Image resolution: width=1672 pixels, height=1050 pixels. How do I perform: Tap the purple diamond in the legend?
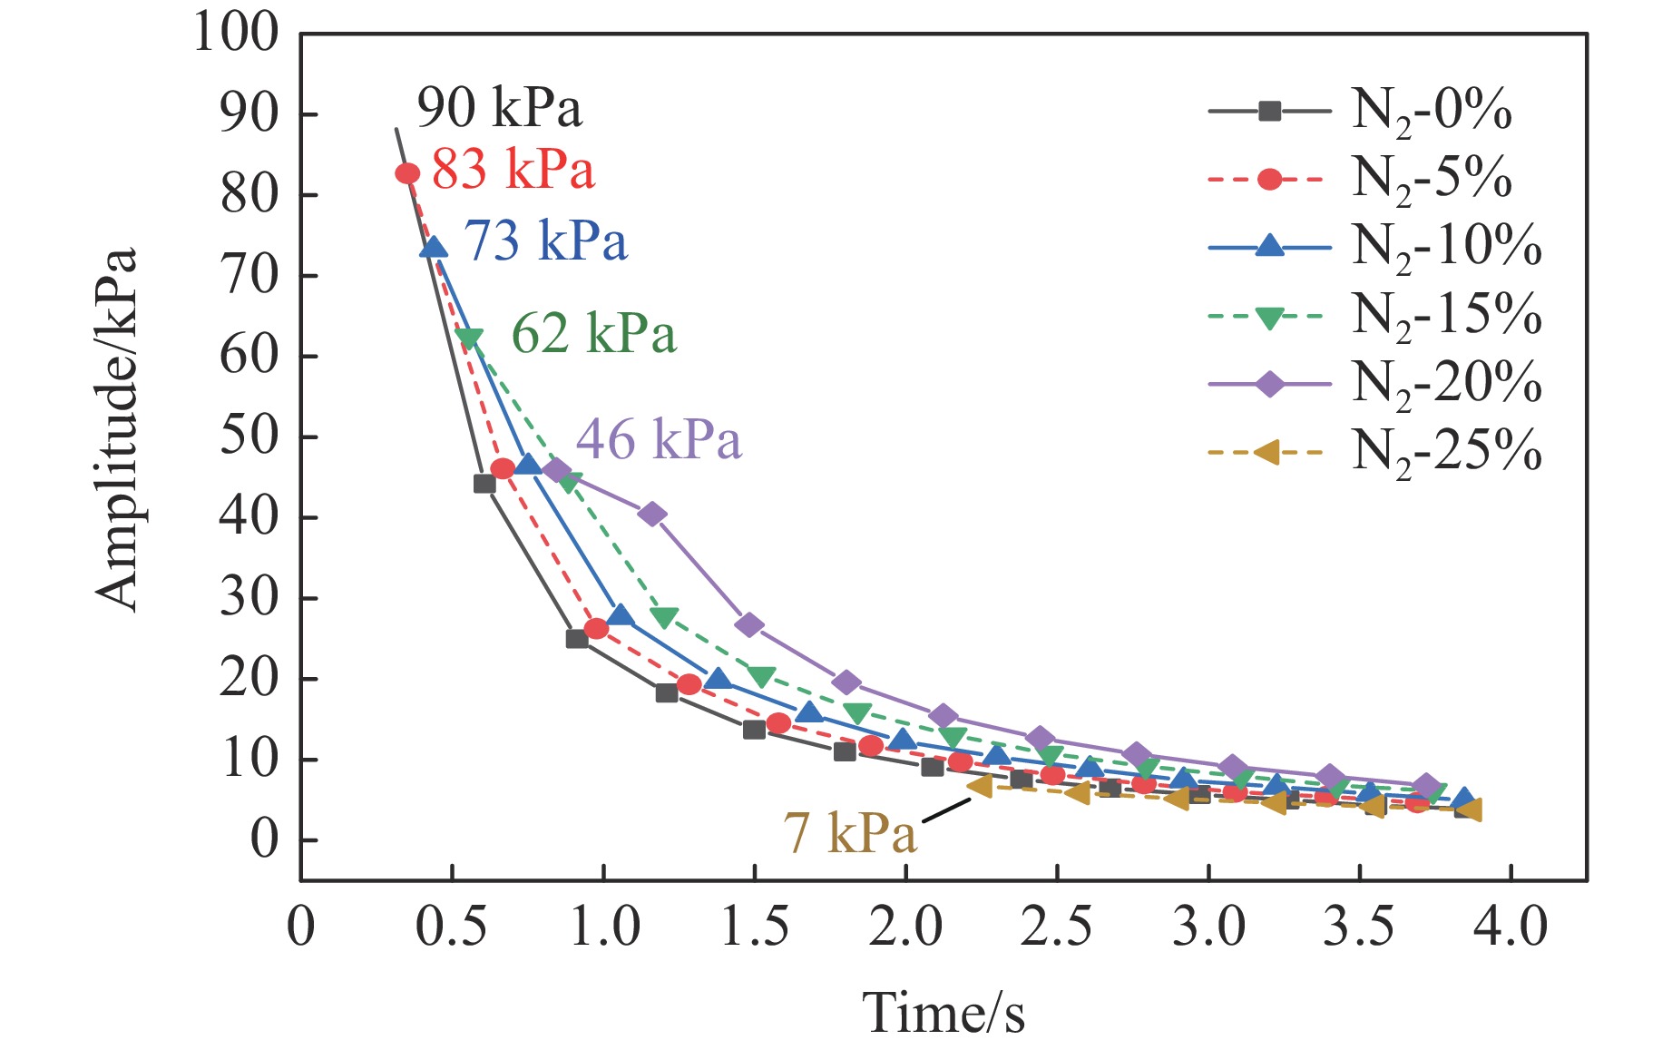click(1269, 384)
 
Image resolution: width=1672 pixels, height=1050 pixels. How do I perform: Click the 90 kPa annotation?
click(499, 109)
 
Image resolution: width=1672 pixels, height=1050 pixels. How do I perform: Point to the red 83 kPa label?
click(513, 170)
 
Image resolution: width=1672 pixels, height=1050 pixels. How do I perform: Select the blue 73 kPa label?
click(545, 241)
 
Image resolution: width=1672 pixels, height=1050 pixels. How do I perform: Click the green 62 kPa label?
click(593, 334)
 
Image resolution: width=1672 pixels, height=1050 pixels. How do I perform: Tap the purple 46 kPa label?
click(659, 440)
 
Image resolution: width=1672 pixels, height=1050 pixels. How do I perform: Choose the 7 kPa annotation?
click(849, 832)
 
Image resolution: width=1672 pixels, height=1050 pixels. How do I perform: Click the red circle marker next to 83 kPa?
click(407, 173)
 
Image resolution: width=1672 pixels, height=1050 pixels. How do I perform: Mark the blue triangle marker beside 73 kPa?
click(435, 247)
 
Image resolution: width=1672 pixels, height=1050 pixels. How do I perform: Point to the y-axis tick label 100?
click(235, 34)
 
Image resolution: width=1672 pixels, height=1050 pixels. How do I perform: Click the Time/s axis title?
click(943, 1013)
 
